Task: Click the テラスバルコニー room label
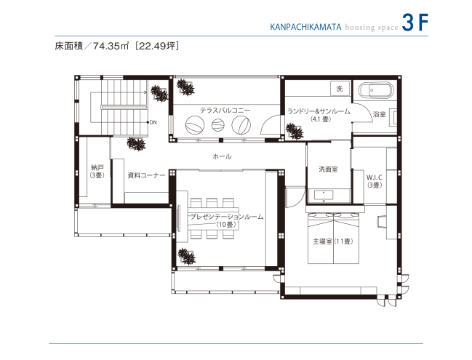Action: pos(225,110)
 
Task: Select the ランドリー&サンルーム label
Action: pos(319,111)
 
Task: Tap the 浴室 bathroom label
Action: pos(379,114)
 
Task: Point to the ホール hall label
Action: pos(222,156)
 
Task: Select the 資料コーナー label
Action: pos(146,175)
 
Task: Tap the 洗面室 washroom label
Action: pos(327,169)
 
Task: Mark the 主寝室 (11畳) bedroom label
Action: pos(332,241)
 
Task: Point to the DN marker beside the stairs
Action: pos(153,122)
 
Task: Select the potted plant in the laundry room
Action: pos(295,131)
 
